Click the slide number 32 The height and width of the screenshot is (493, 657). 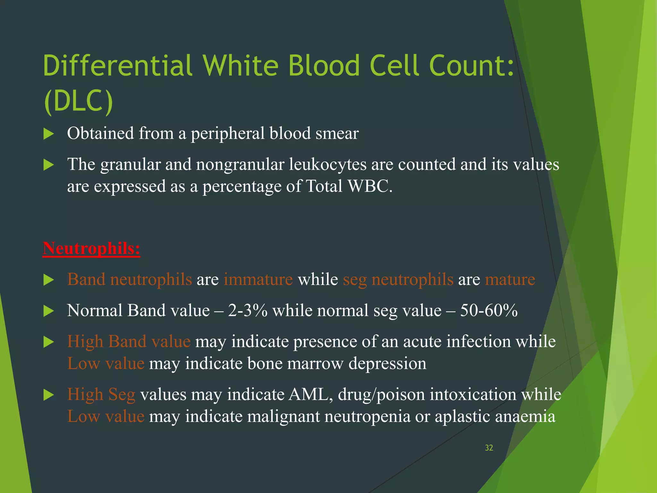tap(489, 448)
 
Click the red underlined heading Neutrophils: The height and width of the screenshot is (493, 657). tap(91, 248)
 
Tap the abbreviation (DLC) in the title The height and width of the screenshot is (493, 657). tap(78, 101)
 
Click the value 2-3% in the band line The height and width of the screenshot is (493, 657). tap(248, 310)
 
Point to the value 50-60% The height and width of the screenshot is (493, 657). tap(489, 310)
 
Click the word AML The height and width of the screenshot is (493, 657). tap(310, 394)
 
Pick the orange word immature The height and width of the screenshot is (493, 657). tap(258, 279)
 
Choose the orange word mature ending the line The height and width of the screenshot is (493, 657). tap(510, 279)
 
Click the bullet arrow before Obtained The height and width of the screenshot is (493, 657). tap(48, 134)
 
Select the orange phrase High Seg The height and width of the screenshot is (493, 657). tap(101, 394)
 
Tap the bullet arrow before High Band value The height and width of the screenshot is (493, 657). tap(48, 342)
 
